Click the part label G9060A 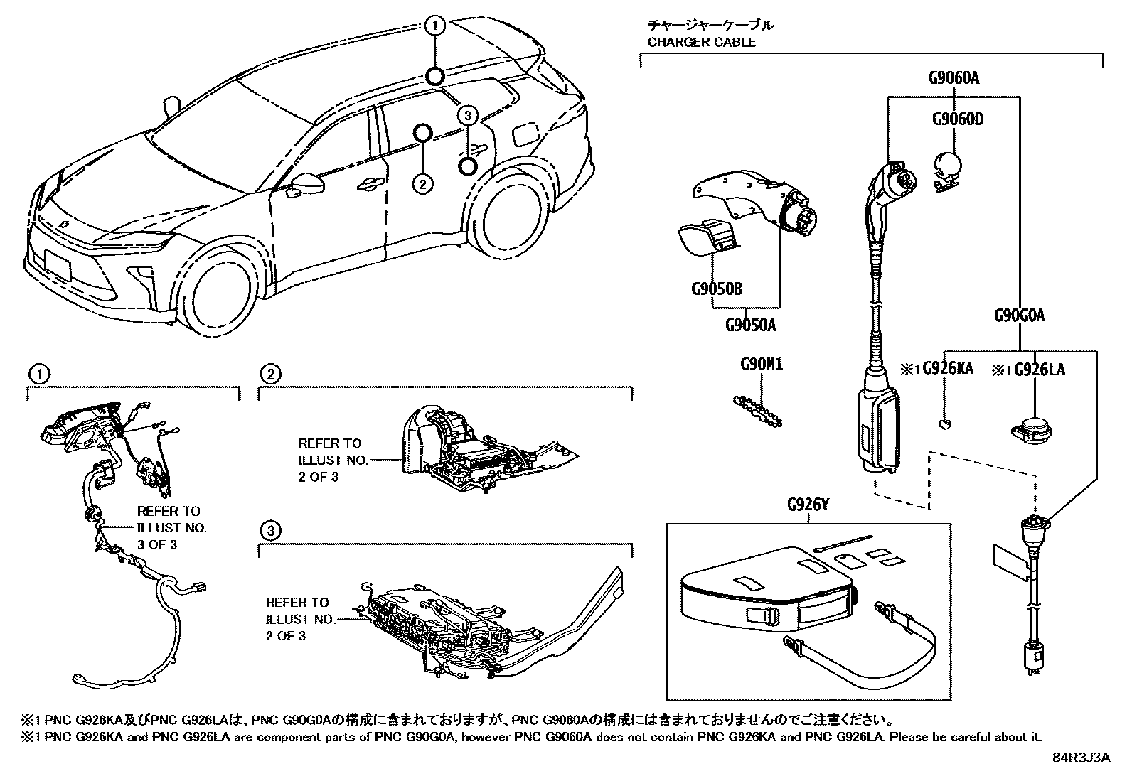pos(954,78)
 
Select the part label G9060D pos(958,119)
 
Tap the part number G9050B pos(716,289)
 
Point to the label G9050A pos(750,325)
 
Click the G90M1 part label pos(762,365)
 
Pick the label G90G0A pos(1019,316)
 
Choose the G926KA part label pos(948,369)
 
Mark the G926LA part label pos(1039,369)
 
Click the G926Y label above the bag pos(808,505)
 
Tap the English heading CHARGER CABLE pos(701,42)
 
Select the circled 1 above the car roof pos(434,26)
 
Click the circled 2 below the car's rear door pos(422,185)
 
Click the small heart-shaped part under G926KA pos(945,425)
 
